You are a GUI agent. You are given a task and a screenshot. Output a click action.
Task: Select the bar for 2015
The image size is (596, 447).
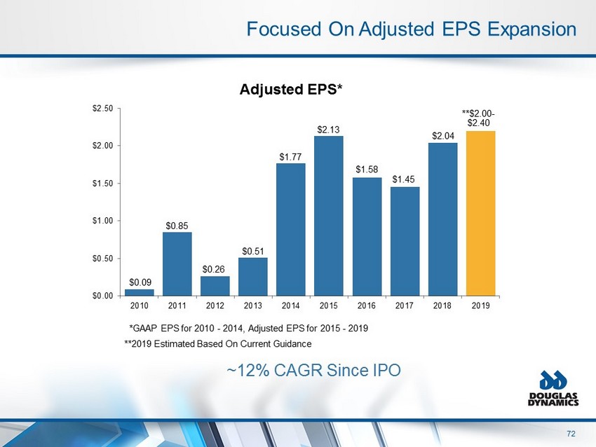330,215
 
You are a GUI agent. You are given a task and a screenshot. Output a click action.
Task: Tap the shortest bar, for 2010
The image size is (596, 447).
140,292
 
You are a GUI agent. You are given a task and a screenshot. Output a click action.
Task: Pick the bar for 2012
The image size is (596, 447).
215,285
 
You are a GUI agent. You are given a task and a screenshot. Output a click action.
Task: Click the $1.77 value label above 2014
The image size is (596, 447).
291,157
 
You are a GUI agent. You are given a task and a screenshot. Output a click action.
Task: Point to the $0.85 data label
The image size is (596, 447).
177,226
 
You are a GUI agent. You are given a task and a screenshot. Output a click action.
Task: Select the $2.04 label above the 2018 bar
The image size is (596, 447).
443,136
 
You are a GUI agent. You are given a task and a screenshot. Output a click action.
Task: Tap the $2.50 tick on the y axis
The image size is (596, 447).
102,108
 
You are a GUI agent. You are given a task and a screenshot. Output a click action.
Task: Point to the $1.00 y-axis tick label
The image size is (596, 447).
102,221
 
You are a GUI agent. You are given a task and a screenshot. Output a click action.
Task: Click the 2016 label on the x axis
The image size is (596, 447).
367,306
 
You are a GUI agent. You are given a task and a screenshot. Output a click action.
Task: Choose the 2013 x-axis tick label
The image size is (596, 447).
253,306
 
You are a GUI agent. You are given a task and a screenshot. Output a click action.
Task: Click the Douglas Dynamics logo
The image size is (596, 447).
559,390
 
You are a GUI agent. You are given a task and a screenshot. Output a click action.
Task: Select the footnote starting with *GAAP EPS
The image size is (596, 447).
249,328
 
